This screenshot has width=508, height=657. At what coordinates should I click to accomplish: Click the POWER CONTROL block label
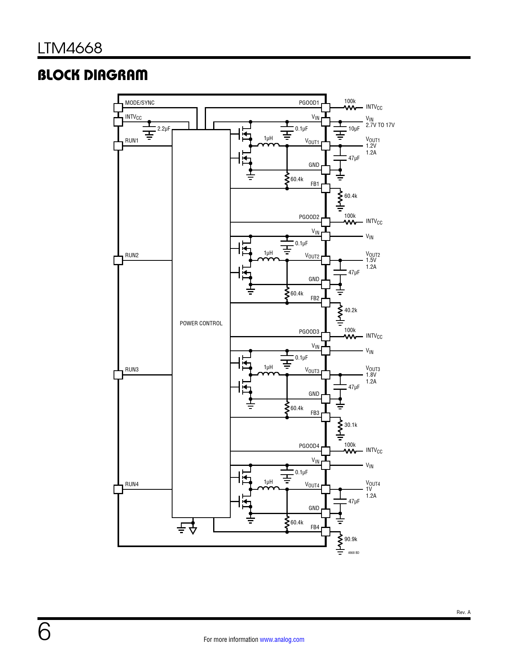[x=201, y=323]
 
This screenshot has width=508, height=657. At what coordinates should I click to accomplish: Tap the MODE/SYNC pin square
[x=118, y=108]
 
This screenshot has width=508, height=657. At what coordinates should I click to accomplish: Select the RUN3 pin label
[x=132, y=370]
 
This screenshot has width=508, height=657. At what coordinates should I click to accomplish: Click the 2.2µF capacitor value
[x=164, y=129]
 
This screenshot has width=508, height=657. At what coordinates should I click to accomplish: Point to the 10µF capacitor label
[x=354, y=129]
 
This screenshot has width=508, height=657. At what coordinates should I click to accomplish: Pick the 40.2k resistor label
[x=351, y=310]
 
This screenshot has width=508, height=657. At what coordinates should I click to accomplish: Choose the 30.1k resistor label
[x=351, y=425]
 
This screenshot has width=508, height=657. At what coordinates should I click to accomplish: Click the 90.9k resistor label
[x=351, y=539]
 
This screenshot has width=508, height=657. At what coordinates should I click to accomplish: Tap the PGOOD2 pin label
[x=309, y=217]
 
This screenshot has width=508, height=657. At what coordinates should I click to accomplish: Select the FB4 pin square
[x=326, y=532]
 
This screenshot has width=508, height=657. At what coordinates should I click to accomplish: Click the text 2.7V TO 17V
[x=380, y=125]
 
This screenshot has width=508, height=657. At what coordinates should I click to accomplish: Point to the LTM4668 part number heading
[x=70, y=48]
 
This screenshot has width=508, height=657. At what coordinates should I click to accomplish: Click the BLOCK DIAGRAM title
[x=92, y=75]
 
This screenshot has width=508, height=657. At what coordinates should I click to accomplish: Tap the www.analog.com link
[x=282, y=639]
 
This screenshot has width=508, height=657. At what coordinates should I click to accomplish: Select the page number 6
[x=44, y=632]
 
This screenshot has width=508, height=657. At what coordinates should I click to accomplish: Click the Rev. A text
[x=463, y=612]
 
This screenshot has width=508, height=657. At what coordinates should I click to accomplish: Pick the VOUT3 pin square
[x=326, y=375]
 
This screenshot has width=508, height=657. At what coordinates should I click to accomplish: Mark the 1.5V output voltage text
[x=371, y=260]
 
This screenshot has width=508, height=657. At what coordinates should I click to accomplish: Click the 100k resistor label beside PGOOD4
[x=350, y=445]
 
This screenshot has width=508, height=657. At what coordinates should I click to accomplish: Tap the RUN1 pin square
[x=118, y=146]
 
